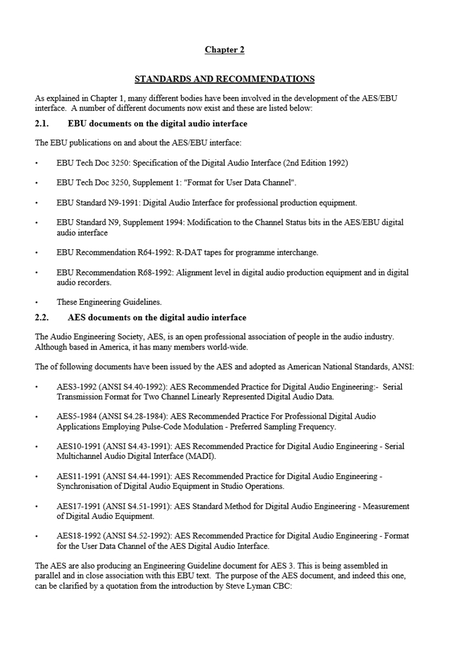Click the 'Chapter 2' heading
pos(224,50)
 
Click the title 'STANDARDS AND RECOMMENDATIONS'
pos(224,79)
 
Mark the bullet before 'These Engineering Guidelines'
pos(37,302)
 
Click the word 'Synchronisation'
pos(84,486)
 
